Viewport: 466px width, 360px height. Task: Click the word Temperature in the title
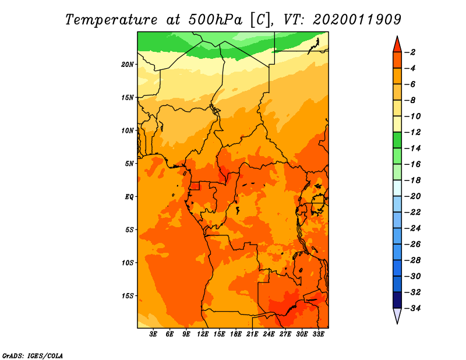pyautogui.click(x=111, y=20)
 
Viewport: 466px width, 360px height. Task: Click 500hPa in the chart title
pyautogui.click(x=215, y=20)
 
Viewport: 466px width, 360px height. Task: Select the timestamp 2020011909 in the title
pyautogui.click(x=357, y=20)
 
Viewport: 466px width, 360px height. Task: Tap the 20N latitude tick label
pyautogui.click(x=128, y=65)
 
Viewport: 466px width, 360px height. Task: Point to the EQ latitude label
pyautogui.click(x=129, y=197)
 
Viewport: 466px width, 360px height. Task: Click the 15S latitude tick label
pyautogui.click(x=128, y=296)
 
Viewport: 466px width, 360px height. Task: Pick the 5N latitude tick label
pyautogui.click(x=129, y=164)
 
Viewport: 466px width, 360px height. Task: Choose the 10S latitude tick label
pyautogui.click(x=128, y=263)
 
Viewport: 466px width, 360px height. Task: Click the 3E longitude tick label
pyautogui.click(x=153, y=334)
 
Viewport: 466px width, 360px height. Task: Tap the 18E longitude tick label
pyautogui.click(x=236, y=334)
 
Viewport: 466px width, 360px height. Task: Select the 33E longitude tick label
pyautogui.click(x=318, y=334)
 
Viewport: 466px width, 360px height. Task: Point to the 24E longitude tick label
pyautogui.click(x=269, y=334)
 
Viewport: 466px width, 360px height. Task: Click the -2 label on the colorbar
pyautogui.click(x=411, y=52)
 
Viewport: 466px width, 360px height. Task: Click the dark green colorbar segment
pyautogui.click(x=397, y=140)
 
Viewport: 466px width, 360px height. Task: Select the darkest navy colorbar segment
pyautogui.click(x=397, y=300)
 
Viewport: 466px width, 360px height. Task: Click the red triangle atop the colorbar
pyautogui.click(x=397, y=45)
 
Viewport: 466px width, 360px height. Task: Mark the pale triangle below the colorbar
pyautogui.click(x=397, y=315)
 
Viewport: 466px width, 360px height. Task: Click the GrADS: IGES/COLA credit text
pyautogui.click(x=33, y=356)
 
